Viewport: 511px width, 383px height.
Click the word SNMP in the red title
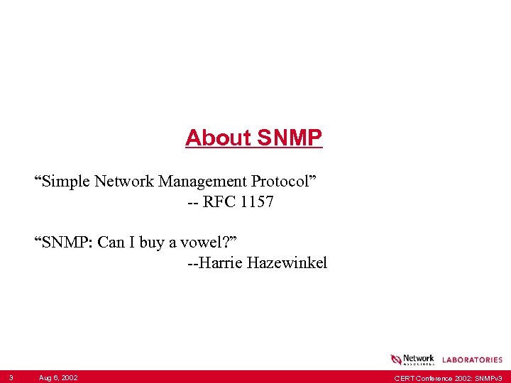tap(290, 138)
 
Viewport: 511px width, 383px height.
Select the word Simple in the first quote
tap(63, 181)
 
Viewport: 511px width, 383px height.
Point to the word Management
tap(202, 181)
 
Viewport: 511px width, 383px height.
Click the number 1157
tap(257, 202)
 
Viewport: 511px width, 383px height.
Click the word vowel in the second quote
tap(206, 243)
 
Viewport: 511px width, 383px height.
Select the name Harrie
tap(221, 264)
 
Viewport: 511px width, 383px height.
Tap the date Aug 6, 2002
tap(58, 377)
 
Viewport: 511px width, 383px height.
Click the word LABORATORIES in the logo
tap(472, 360)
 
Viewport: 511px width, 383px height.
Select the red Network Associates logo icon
tap(396, 360)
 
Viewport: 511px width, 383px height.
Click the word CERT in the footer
tap(404, 377)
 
